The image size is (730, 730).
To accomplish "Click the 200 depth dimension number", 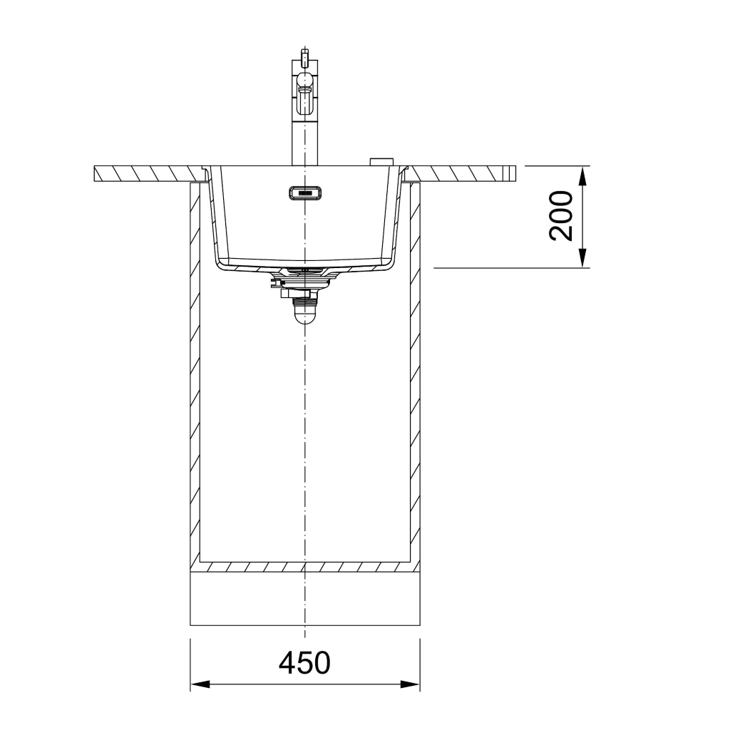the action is point(561,216).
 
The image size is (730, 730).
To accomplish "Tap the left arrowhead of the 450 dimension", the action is point(200,684).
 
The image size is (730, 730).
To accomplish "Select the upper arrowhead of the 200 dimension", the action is point(582,175).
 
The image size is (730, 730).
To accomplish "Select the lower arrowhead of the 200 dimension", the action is point(582,258).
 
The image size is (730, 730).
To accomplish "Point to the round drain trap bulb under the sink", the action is point(304,316).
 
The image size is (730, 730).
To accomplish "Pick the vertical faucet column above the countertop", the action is point(305,140).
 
